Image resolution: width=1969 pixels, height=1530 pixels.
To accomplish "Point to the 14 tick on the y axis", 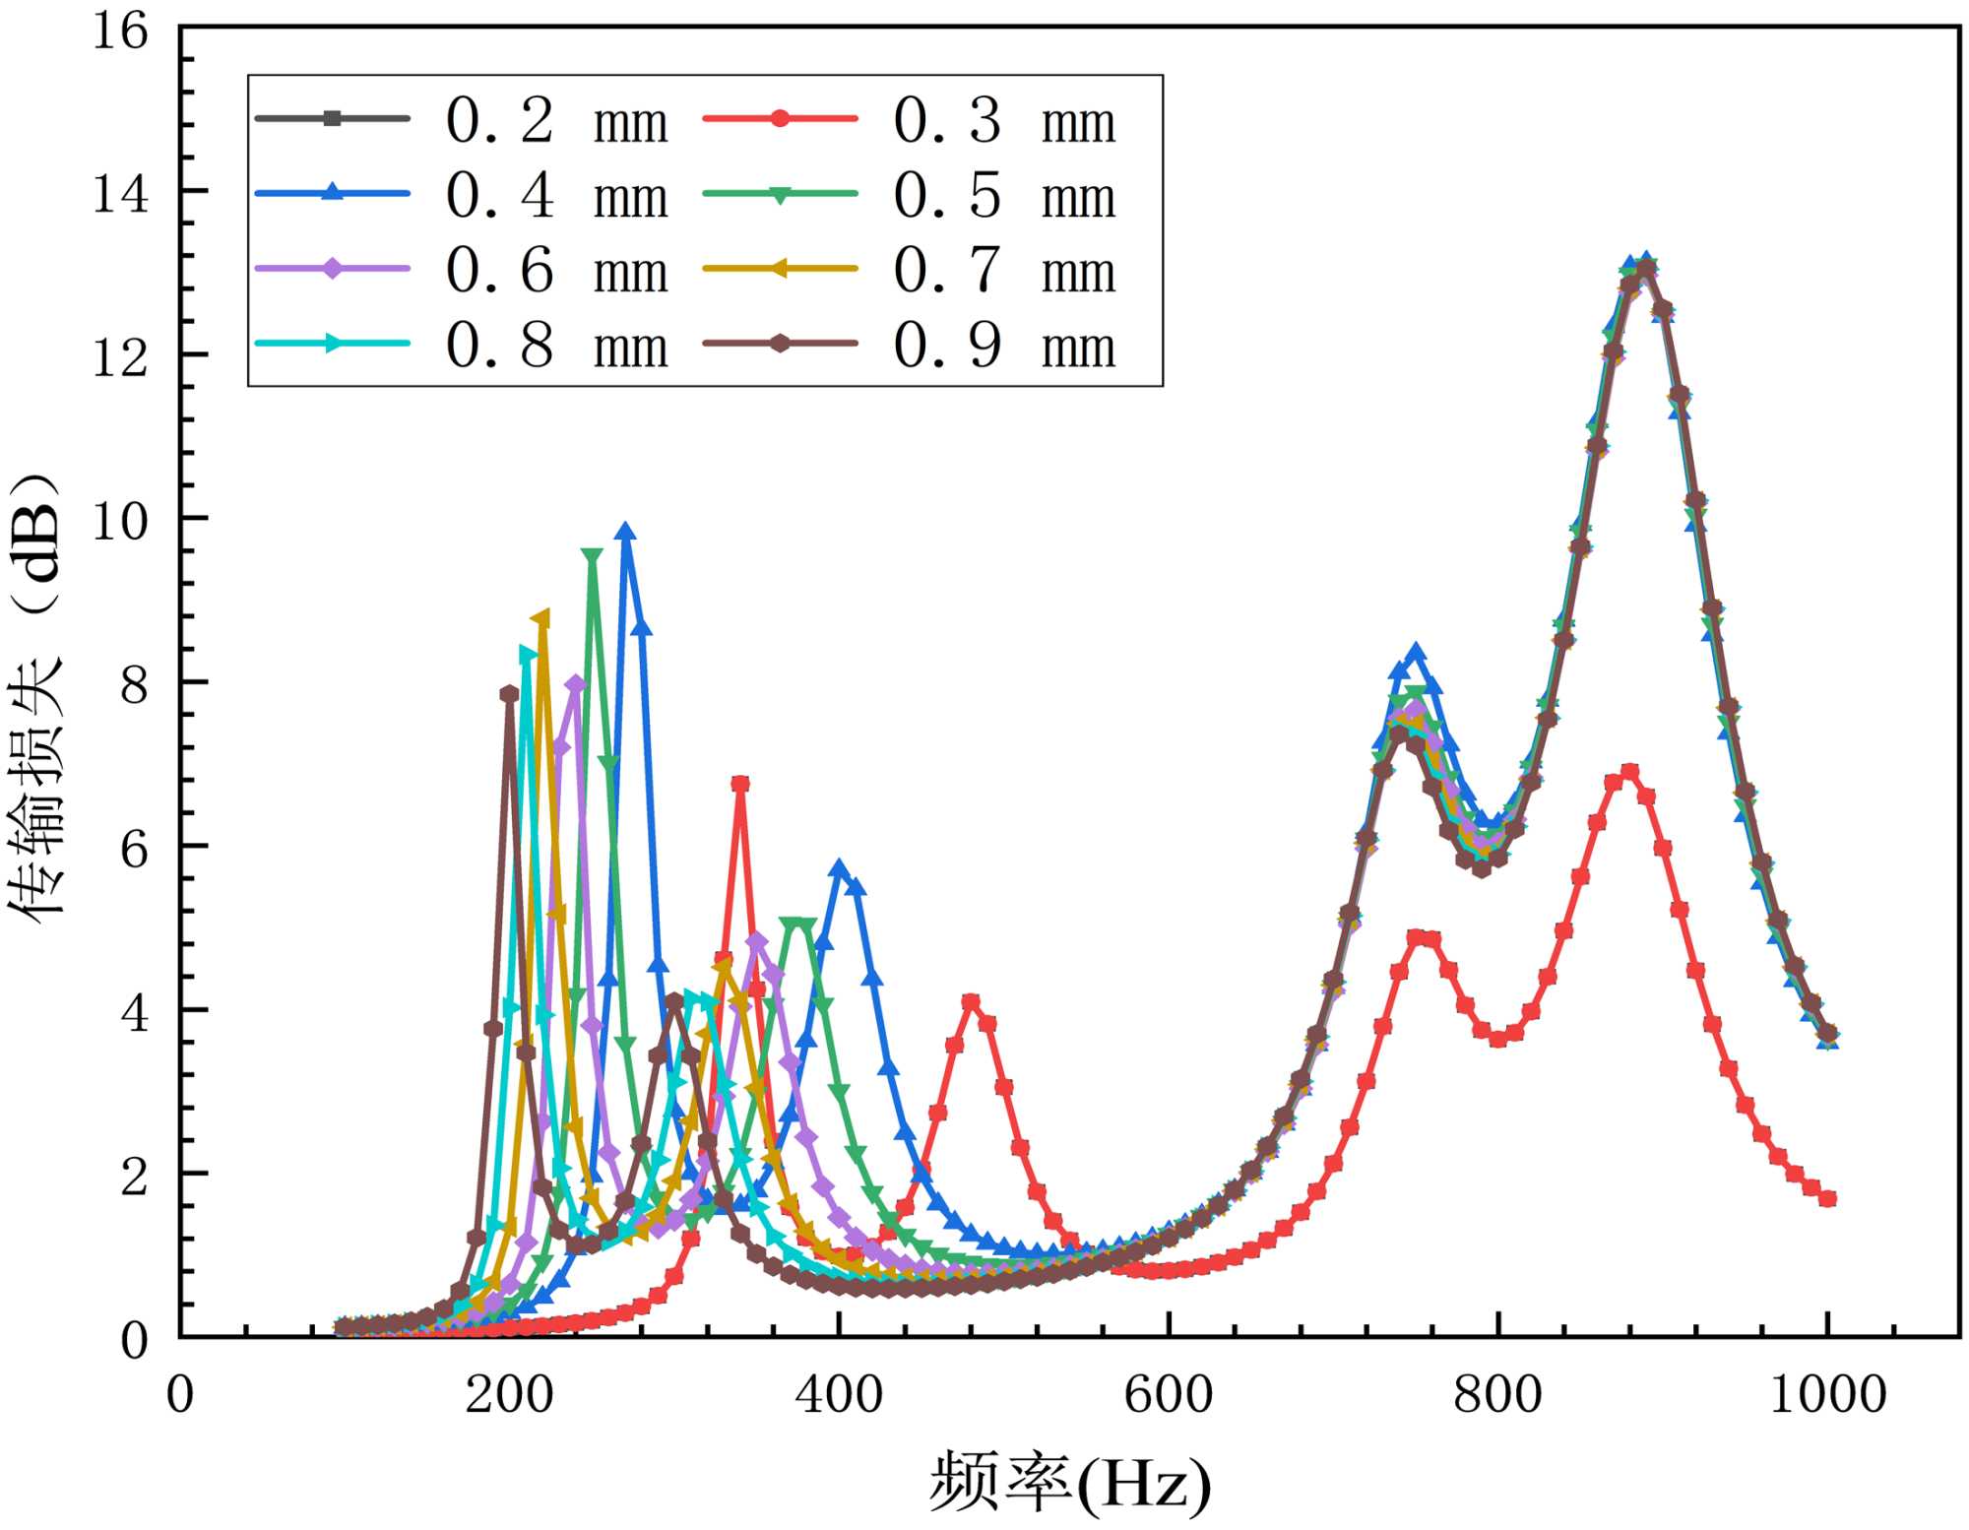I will pyautogui.click(x=120, y=193).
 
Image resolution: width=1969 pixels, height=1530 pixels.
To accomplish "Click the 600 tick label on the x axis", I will pyautogui.click(x=1168, y=1396).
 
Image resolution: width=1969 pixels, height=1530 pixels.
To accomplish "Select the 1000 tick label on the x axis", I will pyautogui.click(x=1827, y=1396).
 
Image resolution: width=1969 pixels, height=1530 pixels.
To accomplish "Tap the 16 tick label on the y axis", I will pyautogui.click(x=120, y=31).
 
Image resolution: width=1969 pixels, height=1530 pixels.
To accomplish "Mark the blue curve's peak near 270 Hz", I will pyautogui.click(x=625, y=533).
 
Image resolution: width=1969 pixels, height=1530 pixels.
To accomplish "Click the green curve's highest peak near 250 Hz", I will pyautogui.click(x=592, y=557).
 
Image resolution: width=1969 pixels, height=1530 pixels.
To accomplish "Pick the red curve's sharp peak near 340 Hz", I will pyautogui.click(x=740, y=784).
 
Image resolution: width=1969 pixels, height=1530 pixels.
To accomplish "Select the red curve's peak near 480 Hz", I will pyautogui.click(x=972, y=1002).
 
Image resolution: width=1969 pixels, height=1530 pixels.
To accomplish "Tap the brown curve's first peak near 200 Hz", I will pyautogui.click(x=509, y=694).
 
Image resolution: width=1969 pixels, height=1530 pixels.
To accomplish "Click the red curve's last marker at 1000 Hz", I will pyautogui.click(x=1827, y=1198).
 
